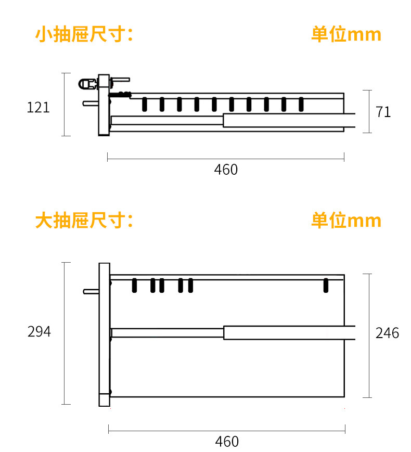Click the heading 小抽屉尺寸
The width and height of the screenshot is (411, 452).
(84, 35)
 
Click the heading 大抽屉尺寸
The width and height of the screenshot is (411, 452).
(84, 221)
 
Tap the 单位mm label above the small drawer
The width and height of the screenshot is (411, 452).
(346, 35)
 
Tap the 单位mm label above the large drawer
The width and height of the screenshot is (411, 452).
(346, 221)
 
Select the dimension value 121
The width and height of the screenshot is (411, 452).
(38, 108)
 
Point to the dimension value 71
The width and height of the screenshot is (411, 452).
(383, 112)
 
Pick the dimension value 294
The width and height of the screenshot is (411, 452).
(39, 332)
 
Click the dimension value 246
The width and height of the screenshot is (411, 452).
(387, 333)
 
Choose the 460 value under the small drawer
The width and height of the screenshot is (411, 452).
(226, 170)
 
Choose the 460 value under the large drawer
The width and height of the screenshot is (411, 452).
(227, 442)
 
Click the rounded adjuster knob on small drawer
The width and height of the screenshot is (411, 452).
(87, 83)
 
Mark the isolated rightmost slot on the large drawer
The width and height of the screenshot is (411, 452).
(326, 285)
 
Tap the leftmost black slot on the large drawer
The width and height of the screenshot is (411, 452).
(134, 285)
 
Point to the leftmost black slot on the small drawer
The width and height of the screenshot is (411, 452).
(145, 104)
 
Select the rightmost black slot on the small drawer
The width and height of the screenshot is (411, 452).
(301, 104)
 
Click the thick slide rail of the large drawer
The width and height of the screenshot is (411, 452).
(289, 332)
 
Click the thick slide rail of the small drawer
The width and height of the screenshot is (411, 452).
(289, 120)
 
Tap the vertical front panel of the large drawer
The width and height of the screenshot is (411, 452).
(104, 333)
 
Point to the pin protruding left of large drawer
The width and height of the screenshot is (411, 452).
(91, 291)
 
